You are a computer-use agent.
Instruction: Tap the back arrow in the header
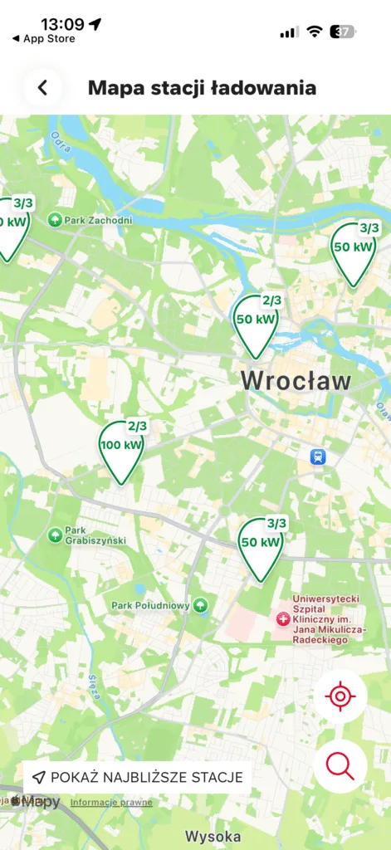43,88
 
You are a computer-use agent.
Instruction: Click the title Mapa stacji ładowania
202,88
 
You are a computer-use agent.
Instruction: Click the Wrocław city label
296,381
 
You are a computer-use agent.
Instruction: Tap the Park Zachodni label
98,220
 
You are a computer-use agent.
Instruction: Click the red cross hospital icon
282,618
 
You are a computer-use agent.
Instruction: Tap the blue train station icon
317,456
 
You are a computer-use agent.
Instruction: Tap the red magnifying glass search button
340,765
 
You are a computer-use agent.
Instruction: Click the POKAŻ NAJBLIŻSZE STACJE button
138,777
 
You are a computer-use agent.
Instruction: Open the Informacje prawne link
111,802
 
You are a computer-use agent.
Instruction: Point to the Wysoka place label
213,836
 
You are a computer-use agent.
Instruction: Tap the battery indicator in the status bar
342,32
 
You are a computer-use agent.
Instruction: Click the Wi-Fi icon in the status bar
314,32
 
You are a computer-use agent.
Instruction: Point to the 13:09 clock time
62,23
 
